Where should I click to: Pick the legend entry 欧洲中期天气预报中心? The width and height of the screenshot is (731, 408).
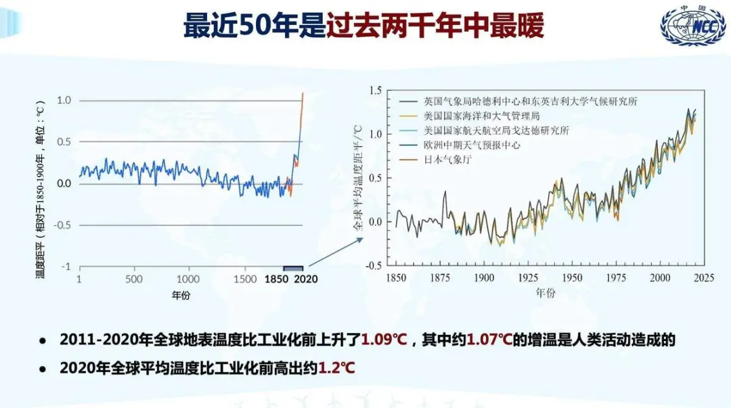pos(472,145)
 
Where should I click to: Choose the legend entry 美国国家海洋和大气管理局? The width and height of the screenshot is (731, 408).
pos(482,116)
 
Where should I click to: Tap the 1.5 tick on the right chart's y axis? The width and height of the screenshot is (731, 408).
pos(375,91)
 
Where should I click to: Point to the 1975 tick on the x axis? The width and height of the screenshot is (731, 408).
pos(616,278)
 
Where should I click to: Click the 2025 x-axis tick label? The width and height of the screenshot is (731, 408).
pos(704,278)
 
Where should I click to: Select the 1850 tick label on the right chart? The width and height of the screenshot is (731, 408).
pos(396,278)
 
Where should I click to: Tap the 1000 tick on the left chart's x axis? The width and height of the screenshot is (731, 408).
pos(188,279)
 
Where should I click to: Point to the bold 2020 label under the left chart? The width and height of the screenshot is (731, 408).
pos(306,279)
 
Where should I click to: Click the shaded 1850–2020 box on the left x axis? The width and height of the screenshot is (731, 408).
pos(293,268)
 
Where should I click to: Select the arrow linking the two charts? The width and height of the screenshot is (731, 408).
pos(336,252)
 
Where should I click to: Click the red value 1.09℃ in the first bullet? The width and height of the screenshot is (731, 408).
pos(384,340)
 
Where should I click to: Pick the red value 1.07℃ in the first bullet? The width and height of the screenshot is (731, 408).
pos(489,340)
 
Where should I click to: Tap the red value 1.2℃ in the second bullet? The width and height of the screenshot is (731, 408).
pos(336,368)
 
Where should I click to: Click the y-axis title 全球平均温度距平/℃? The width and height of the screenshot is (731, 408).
pos(357,178)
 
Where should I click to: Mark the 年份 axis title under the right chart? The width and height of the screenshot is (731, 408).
pos(546,293)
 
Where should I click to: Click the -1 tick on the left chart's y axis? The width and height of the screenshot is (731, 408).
pos(66,267)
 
